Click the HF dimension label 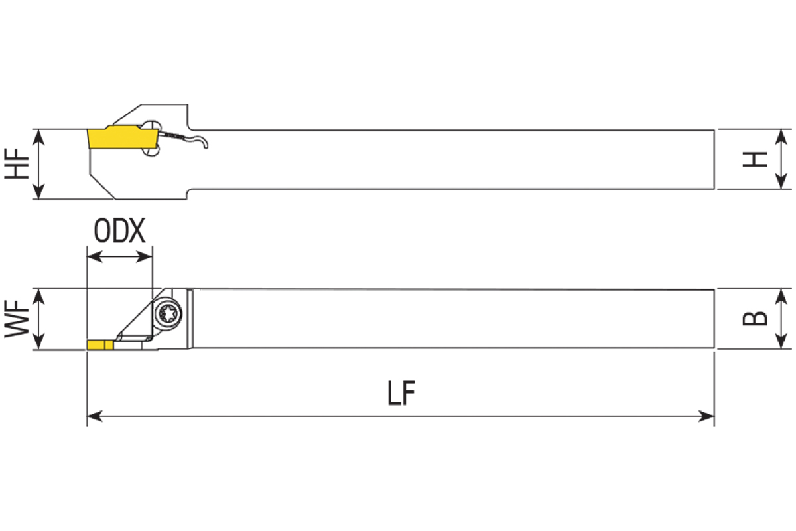(17, 163)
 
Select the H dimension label (755, 159)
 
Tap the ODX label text (119, 231)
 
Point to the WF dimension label (17, 319)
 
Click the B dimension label (755, 319)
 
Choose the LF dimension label (401, 393)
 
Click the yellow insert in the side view (123, 137)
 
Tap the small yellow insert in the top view (100, 345)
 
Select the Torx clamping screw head (168, 313)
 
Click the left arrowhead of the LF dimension (94, 416)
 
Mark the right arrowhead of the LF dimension (706, 416)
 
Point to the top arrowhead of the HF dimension (38, 137)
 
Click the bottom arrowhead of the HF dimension (38, 191)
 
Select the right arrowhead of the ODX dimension (145, 256)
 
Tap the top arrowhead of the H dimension (781, 137)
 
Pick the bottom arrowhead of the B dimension (781, 341)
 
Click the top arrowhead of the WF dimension (38, 297)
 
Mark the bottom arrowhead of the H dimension (781, 181)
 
